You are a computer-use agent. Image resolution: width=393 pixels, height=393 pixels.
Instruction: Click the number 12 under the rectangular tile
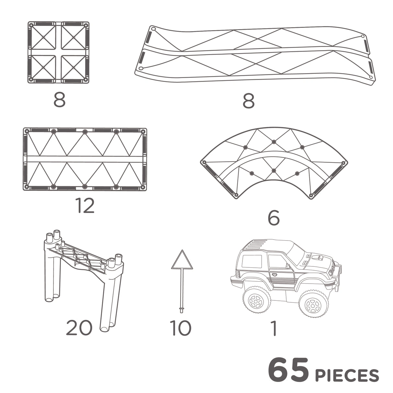coord(85,206)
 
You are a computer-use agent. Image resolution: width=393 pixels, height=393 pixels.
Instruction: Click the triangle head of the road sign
coord(182,261)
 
